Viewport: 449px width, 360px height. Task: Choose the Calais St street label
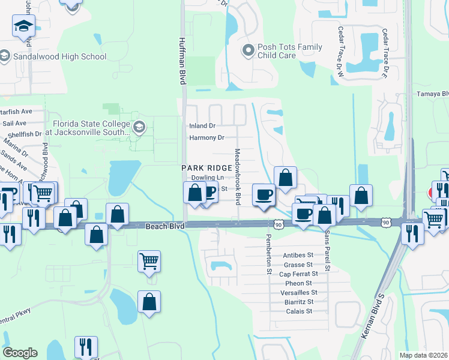point(300,311)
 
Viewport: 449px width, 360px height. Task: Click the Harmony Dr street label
point(206,137)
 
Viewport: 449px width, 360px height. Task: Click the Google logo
point(20,353)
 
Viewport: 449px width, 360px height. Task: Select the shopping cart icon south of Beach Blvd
point(149,261)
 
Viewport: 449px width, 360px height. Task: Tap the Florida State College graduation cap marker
point(139,127)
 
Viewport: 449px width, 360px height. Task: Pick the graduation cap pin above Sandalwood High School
point(24,26)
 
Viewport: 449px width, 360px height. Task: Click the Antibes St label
point(298,255)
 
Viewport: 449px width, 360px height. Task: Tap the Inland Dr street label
point(202,126)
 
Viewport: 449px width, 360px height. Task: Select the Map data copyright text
point(424,355)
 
